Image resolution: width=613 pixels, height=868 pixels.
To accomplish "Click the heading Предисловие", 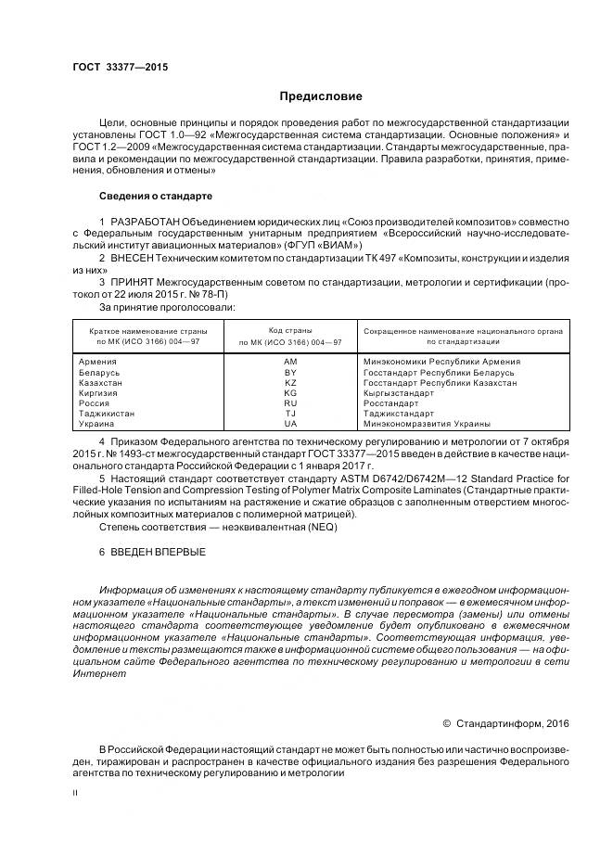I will tap(321, 96).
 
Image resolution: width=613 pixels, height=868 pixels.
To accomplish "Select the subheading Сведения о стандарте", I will tap(156, 197).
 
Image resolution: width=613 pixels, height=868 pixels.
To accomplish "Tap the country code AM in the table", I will tap(290, 361).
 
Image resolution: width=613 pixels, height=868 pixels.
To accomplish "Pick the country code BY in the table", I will tap(290, 372).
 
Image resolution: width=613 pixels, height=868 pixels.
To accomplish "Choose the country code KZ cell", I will tap(290, 382).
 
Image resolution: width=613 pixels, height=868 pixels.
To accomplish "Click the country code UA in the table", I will tap(290, 424).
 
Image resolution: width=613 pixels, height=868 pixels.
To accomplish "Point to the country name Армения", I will tap(98, 361).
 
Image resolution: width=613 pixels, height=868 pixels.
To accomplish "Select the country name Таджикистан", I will tap(108, 414).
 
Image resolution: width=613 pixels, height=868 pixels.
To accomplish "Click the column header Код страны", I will tap(290, 330).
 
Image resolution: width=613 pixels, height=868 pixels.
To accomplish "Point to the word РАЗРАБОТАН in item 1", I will tap(146, 223).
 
